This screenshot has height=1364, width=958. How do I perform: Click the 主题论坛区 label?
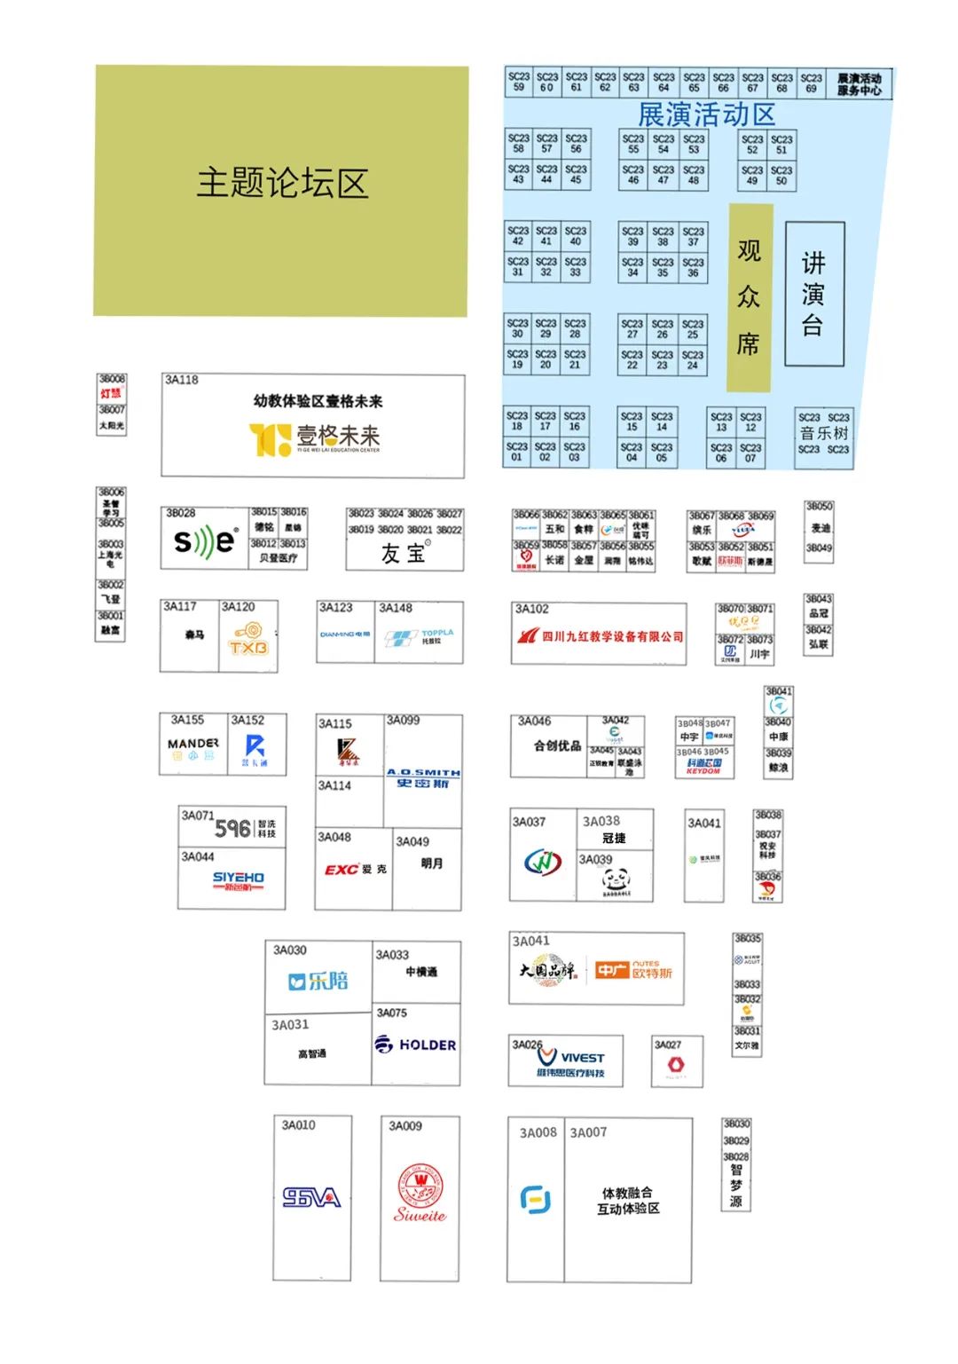[282, 184]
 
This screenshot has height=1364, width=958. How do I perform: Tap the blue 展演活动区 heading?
[706, 114]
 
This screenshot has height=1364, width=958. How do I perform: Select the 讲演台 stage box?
[814, 294]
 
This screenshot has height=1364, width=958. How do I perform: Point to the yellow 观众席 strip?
[750, 297]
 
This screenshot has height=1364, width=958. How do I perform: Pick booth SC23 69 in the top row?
[811, 83]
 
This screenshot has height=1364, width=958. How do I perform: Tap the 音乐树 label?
[824, 433]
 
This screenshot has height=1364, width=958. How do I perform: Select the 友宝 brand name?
[404, 553]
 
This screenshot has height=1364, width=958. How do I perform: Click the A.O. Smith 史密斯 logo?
[423, 777]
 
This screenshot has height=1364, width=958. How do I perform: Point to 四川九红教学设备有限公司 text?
[612, 636]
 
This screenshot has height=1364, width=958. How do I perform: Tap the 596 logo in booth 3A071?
[233, 828]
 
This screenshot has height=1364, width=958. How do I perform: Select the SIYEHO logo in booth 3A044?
[238, 879]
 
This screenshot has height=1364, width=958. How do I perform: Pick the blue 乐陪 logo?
[318, 981]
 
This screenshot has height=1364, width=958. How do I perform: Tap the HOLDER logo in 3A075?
[415, 1045]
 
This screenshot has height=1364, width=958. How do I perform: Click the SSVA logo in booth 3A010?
[311, 1197]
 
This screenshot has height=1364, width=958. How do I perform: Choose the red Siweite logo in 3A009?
[420, 1194]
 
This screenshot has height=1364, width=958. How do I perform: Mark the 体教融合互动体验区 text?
[628, 1201]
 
